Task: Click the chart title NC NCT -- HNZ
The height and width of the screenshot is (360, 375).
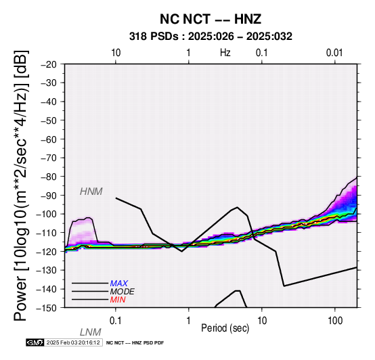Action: (x=211, y=19)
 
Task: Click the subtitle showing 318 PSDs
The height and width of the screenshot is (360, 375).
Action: (x=211, y=37)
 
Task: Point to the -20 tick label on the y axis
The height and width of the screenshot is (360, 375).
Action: (x=49, y=64)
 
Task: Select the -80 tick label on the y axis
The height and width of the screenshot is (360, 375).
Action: (x=49, y=177)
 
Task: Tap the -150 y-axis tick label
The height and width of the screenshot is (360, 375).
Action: (x=47, y=308)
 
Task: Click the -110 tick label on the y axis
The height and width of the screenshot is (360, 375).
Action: (x=47, y=233)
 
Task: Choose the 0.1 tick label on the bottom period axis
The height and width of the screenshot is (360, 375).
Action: (x=116, y=321)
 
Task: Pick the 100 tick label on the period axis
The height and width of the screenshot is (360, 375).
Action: (x=335, y=321)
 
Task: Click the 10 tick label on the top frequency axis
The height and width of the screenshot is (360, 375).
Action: (x=116, y=53)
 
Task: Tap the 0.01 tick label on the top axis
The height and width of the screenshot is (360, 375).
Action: (x=334, y=53)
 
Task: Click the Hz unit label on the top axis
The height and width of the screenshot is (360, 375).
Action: (x=225, y=53)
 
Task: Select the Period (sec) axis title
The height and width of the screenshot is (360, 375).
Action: (x=225, y=328)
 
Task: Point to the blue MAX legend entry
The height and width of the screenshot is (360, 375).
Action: (x=119, y=284)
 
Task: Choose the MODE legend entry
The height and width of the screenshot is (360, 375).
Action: (x=123, y=292)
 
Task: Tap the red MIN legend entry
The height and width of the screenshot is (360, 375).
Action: (x=118, y=300)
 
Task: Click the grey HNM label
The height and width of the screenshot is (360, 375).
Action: (x=91, y=192)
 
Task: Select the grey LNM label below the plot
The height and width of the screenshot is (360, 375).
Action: (x=91, y=332)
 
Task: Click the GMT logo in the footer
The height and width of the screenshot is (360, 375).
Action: (x=35, y=343)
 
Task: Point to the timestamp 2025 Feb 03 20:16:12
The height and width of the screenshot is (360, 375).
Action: (x=73, y=343)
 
